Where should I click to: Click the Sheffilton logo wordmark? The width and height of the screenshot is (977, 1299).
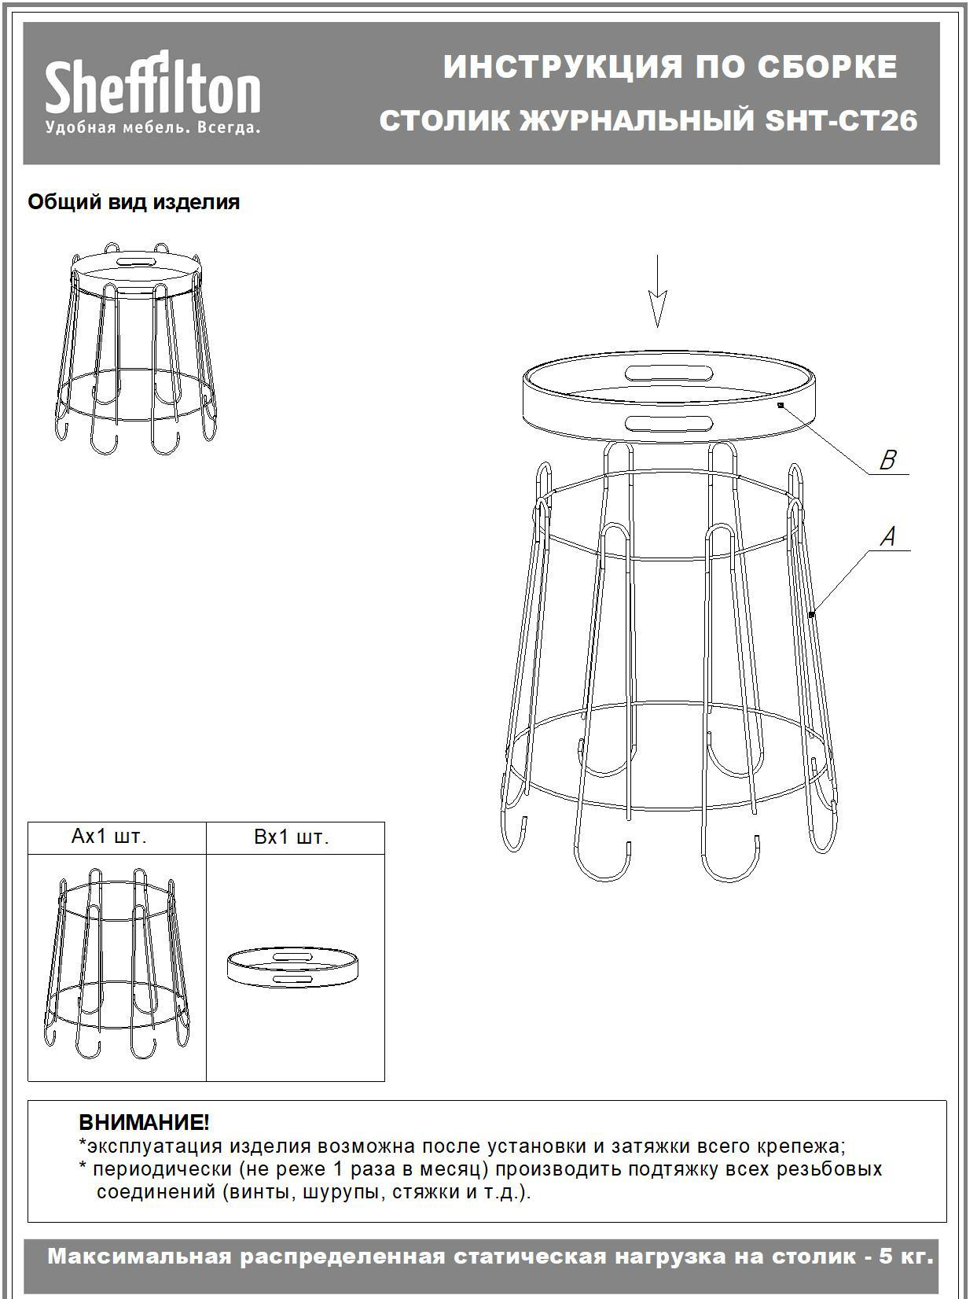(x=152, y=83)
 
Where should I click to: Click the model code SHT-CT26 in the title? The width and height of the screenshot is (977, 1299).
(x=841, y=121)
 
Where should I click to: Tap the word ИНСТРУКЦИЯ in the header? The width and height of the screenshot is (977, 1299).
(x=563, y=68)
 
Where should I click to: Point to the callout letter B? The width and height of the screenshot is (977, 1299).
(x=887, y=460)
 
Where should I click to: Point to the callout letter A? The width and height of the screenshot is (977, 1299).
(x=887, y=536)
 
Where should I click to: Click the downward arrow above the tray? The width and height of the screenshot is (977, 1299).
(x=657, y=291)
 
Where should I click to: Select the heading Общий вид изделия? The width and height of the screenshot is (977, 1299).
(x=134, y=202)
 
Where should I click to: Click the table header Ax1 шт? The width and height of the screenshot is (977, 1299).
(x=108, y=836)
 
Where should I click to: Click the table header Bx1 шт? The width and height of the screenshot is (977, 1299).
(x=291, y=837)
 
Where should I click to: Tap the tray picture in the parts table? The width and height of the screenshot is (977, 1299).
(x=293, y=967)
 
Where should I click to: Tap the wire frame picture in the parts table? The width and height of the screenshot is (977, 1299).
(x=118, y=963)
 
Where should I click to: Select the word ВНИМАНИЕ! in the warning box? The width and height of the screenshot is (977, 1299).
(x=144, y=1123)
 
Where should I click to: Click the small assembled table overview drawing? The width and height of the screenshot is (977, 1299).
(x=136, y=348)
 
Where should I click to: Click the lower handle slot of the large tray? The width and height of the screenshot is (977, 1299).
(x=668, y=422)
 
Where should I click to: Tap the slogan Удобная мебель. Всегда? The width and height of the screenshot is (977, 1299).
(x=152, y=127)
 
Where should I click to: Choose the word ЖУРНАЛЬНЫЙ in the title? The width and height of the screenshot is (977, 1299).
(x=637, y=121)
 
